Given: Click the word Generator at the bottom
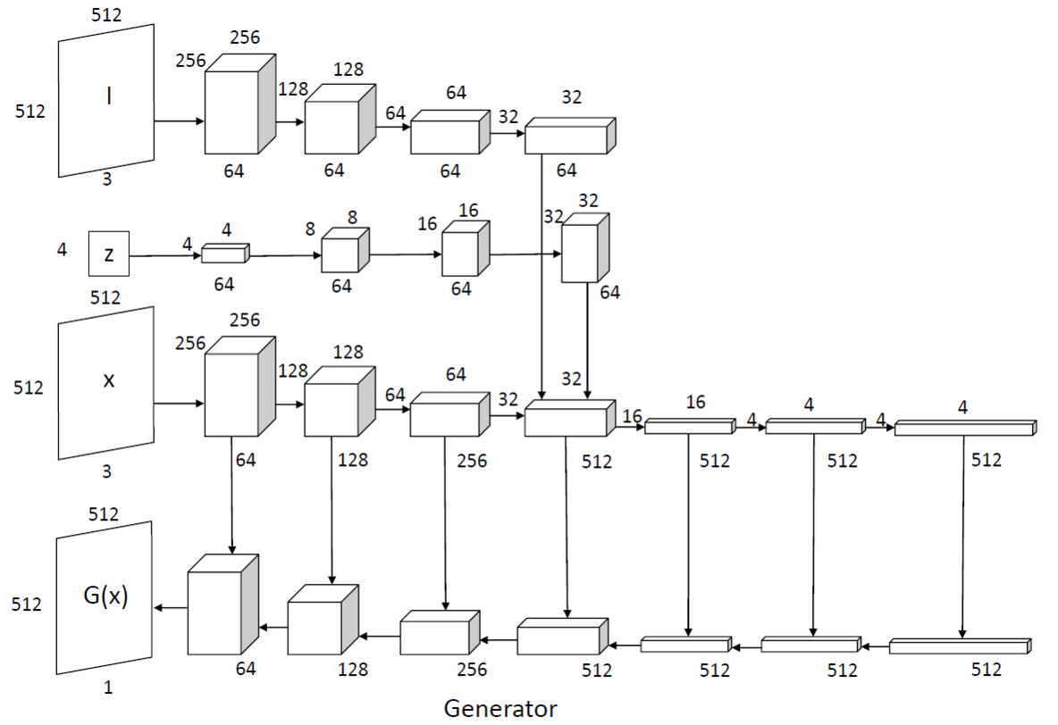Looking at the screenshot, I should pyautogui.click(x=500, y=709).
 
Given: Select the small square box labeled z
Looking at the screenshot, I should pyautogui.click(x=109, y=254).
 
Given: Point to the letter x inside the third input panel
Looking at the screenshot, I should pyautogui.click(x=109, y=380).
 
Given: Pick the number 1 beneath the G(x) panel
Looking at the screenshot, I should pyautogui.click(x=107, y=688).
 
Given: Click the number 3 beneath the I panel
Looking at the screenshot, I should pyautogui.click(x=107, y=179).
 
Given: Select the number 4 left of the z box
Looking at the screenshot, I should pyautogui.click(x=62, y=250).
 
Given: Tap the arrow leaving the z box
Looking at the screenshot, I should pyautogui.click(x=165, y=255).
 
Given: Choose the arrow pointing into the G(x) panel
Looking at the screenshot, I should pyautogui.click(x=170, y=607).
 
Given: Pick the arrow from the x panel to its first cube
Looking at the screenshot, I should pyautogui.click(x=179, y=404).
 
